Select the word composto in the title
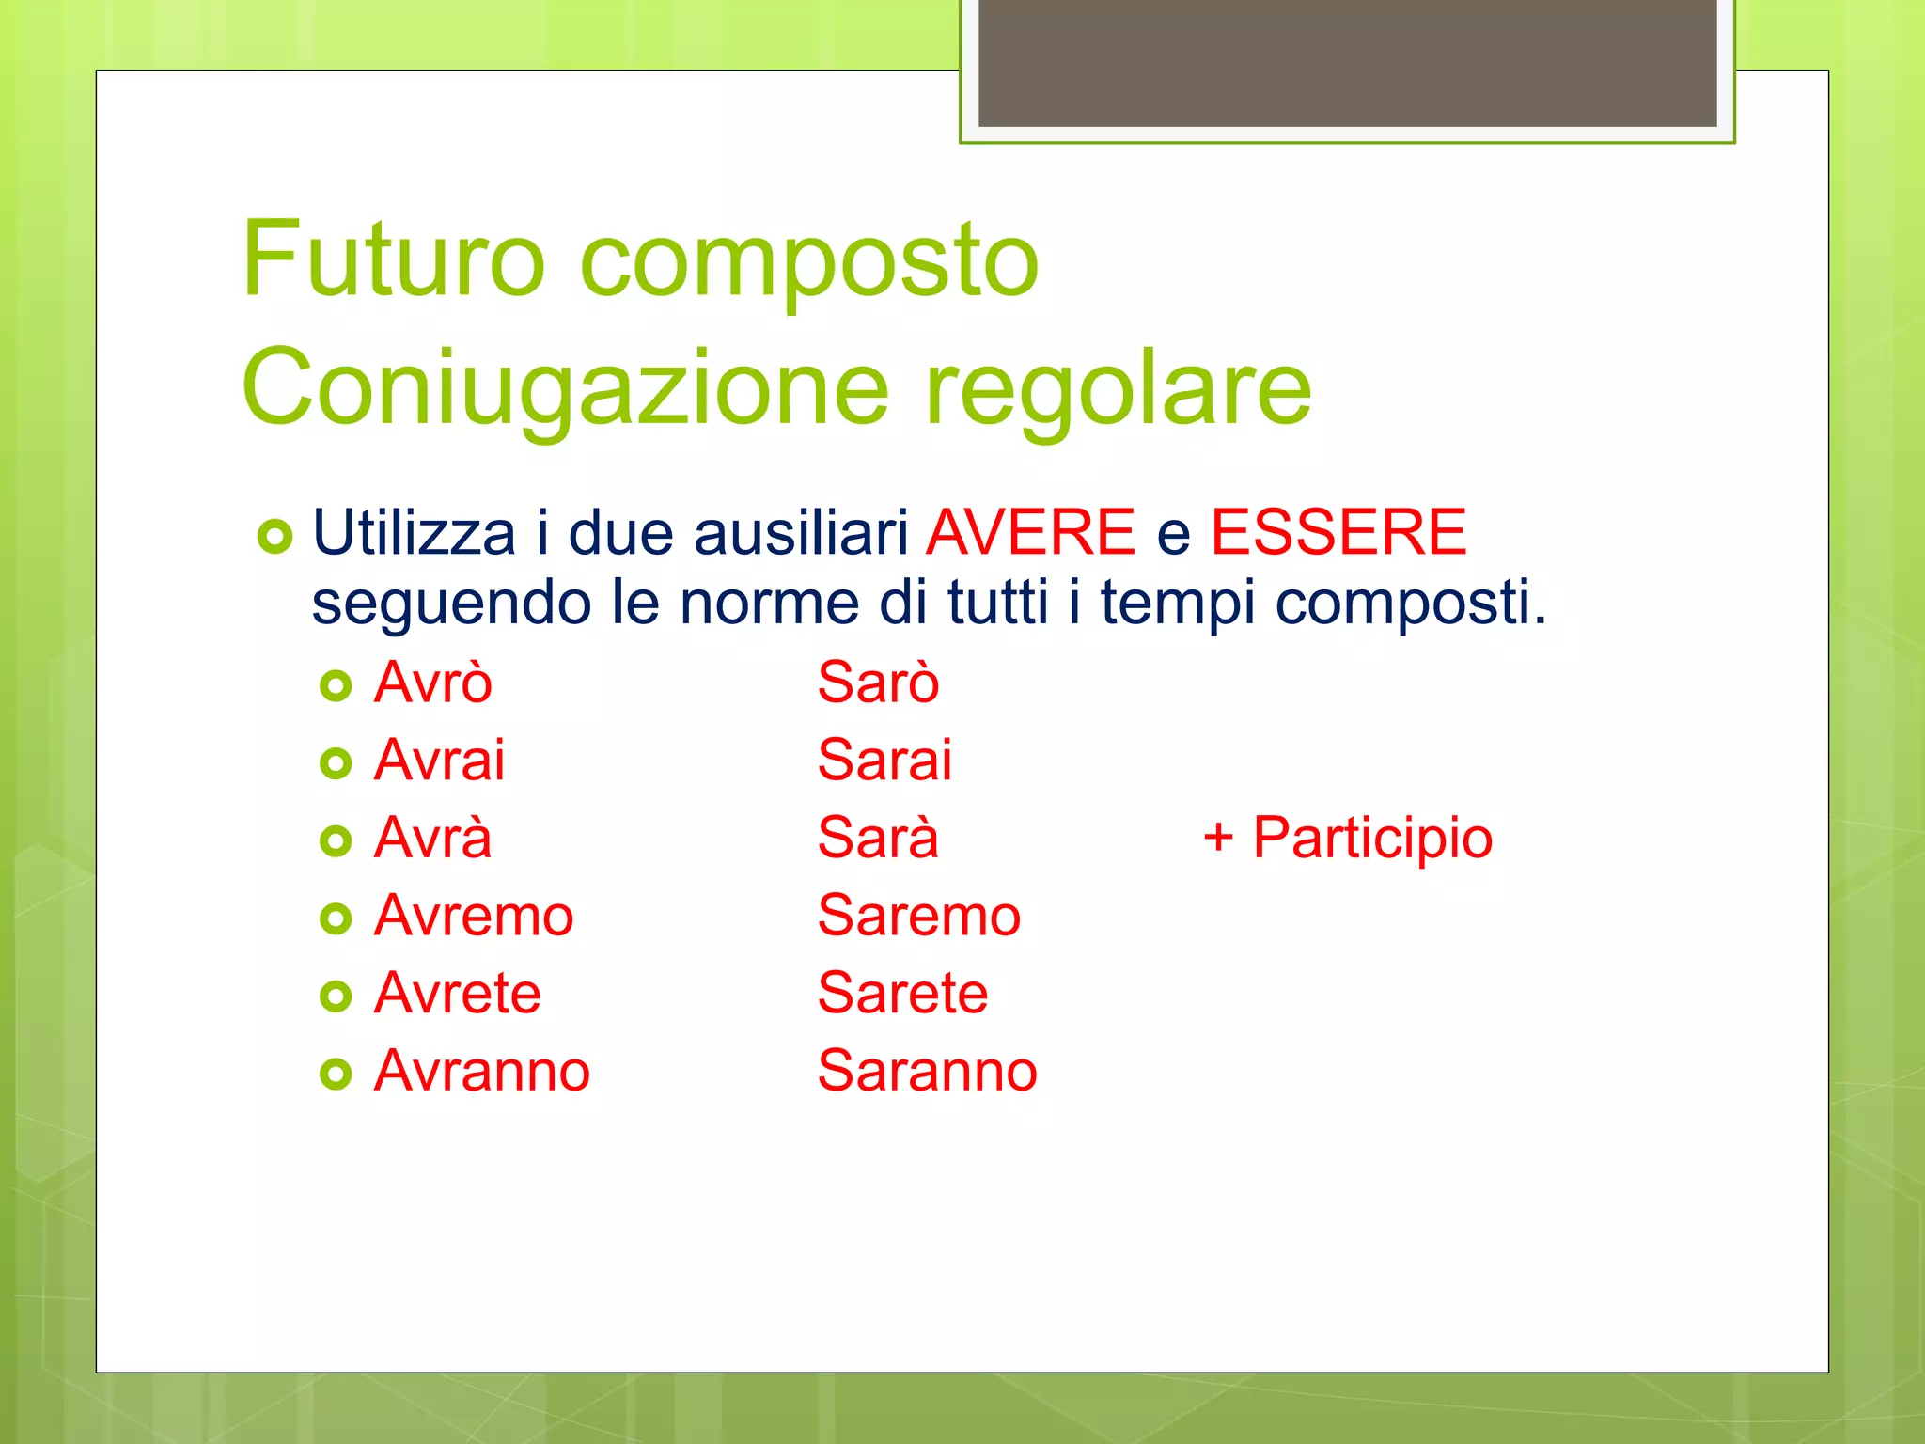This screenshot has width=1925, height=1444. (809, 263)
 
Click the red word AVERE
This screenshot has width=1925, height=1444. (1031, 532)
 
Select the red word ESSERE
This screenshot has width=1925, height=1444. (1338, 532)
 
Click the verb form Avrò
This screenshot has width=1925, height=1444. (432, 682)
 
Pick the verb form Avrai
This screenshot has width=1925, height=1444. (439, 760)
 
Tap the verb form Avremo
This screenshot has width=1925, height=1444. (474, 916)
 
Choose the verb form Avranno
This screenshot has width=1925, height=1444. (481, 1071)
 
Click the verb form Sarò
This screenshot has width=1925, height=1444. (878, 682)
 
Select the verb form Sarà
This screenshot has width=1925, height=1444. (878, 838)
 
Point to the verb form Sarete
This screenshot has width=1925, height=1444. (902, 993)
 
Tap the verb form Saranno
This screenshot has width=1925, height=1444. (927, 1071)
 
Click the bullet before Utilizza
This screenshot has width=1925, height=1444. (274, 537)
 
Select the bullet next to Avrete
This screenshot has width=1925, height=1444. (336, 996)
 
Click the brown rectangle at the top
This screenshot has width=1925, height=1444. (1347, 62)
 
